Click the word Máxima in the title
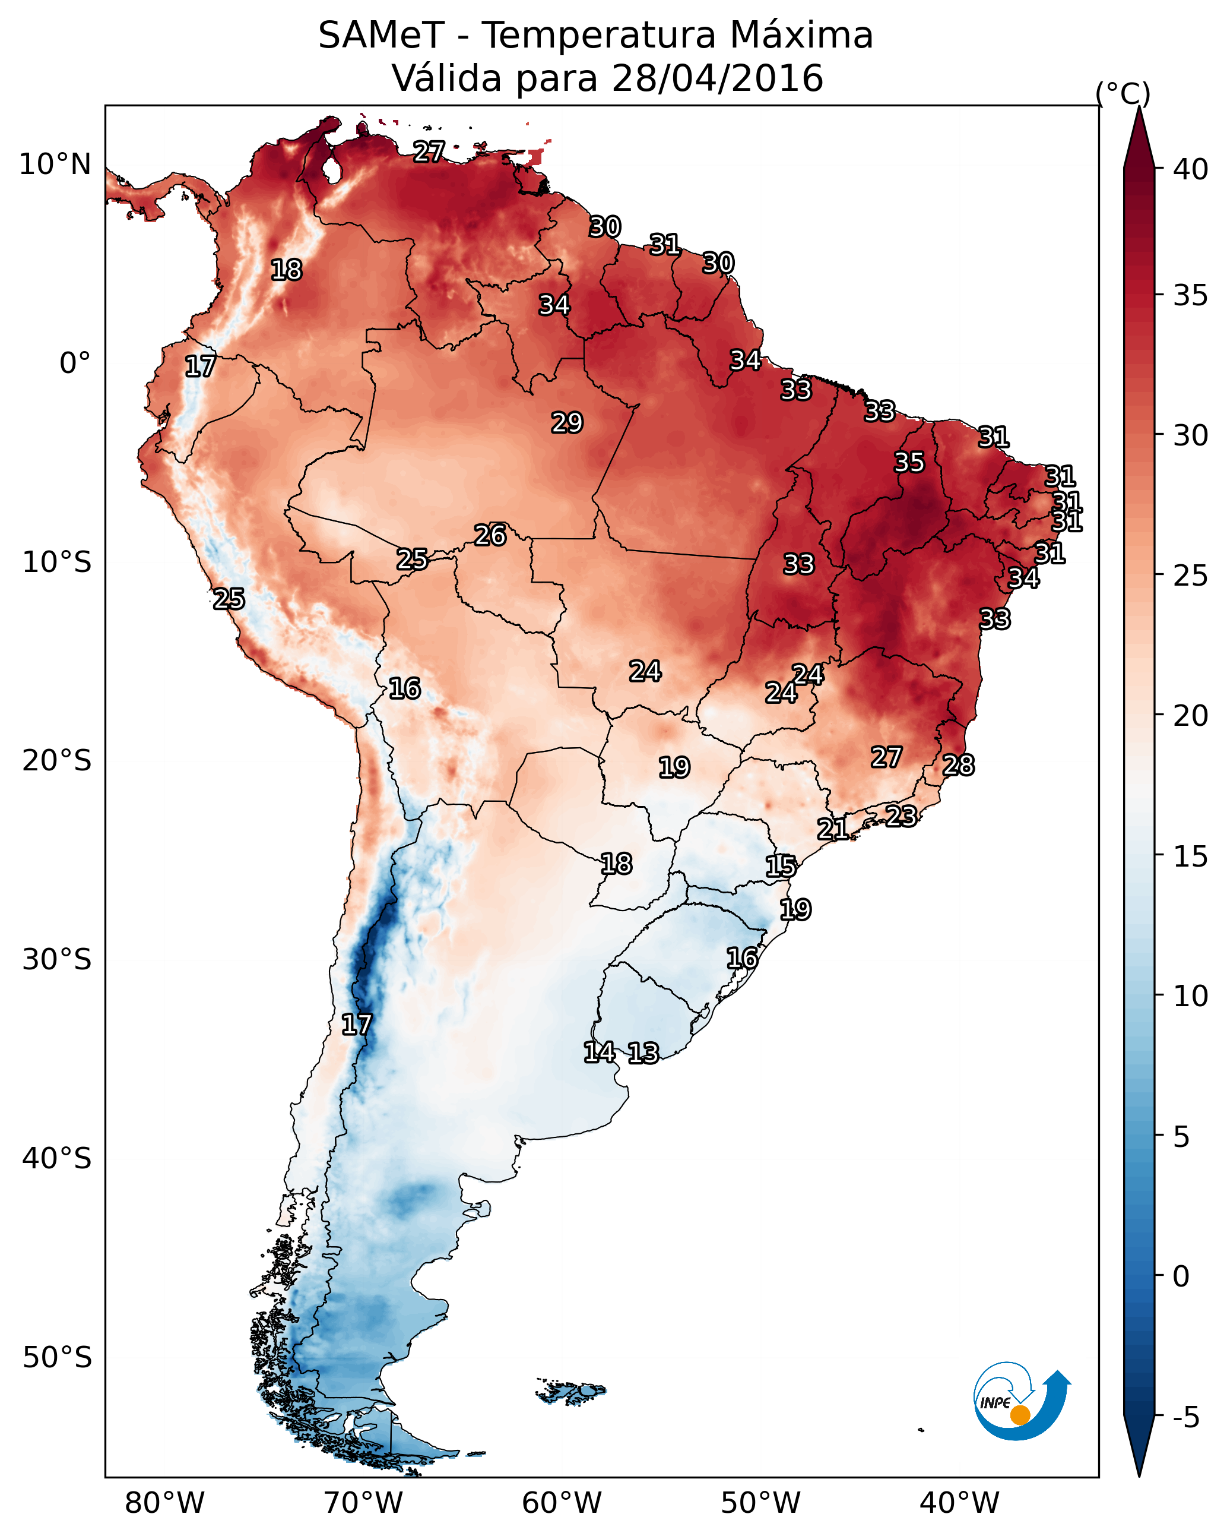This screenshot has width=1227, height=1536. (x=798, y=35)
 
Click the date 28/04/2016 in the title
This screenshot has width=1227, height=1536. (x=717, y=78)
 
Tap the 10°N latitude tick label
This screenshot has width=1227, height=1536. (x=55, y=165)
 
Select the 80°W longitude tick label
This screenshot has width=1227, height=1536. (x=164, y=1503)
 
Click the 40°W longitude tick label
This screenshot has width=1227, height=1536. (x=959, y=1503)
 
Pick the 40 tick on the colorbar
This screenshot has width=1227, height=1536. (x=1191, y=169)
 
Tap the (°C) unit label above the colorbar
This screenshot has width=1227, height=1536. (x=1123, y=93)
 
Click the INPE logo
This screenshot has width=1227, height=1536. (x=1022, y=1401)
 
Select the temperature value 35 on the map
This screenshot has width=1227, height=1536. (x=909, y=462)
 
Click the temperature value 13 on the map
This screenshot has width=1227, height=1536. (x=643, y=1053)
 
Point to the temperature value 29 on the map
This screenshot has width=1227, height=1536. (x=567, y=423)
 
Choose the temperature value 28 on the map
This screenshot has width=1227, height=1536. (x=959, y=765)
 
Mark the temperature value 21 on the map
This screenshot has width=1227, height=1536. (x=832, y=829)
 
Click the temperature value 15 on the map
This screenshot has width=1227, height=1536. (x=781, y=867)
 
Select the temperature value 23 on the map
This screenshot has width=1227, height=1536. (x=901, y=816)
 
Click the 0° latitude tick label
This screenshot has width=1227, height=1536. (x=75, y=364)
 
